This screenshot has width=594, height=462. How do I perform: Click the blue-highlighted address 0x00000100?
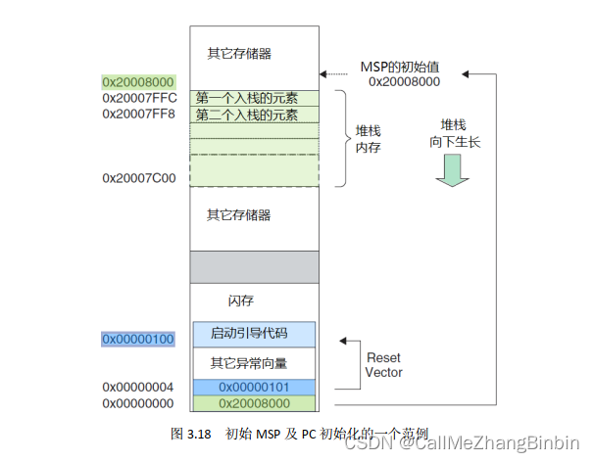click(139, 339)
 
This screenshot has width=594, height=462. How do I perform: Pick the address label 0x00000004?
click(139, 388)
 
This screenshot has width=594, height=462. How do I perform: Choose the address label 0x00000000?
click(139, 402)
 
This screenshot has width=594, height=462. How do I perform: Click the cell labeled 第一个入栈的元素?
click(254, 98)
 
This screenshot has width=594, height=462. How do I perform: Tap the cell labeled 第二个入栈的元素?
click(254, 115)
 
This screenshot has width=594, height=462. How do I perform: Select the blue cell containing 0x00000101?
click(254, 388)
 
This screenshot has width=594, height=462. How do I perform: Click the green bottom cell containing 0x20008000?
click(254, 402)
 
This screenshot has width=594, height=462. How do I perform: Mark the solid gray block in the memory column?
click(254, 266)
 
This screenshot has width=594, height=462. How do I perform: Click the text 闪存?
click(240, 301)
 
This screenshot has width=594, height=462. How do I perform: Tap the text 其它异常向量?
click(247, 362)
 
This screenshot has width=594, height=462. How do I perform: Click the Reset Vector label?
click(383, 365)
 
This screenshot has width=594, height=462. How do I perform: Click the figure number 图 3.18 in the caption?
click(191, 432)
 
